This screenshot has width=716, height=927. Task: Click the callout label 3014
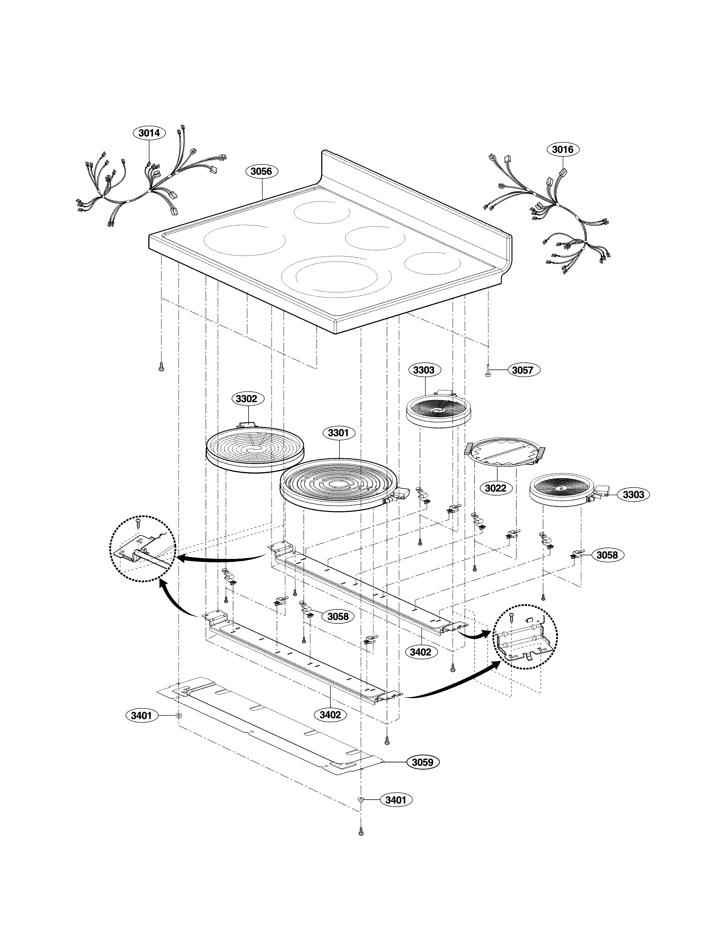(x=149, y=133)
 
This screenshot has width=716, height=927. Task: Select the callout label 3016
(x=563, y=150)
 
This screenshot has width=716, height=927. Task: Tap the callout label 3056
(x=261, y=171)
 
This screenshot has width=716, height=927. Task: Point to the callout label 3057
(x=522, y=370)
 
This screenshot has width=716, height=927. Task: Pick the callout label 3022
(x=495, y=488)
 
